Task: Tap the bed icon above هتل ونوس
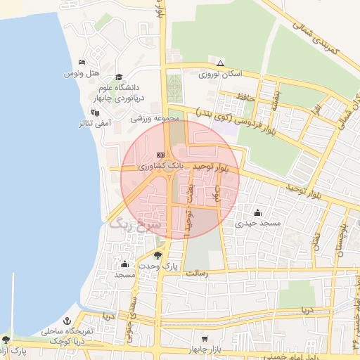click(x=82, y=63)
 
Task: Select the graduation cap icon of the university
click(x=118, y=77)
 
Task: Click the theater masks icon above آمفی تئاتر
click(x=95, y=112)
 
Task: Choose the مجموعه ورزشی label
click(x=156, y=119)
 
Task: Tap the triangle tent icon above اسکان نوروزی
click(x=220, y=63)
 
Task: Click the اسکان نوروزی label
click(x=220, y=73)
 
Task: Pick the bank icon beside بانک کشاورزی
click(x=160, y=155)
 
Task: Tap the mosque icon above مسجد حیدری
click(x=258, y=212)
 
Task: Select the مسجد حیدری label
click(x=258, y=223)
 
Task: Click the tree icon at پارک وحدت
click(x=157, y=255)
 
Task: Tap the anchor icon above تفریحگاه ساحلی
click(x=67, y=321)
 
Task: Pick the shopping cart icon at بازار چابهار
click(x=204, y=338)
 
